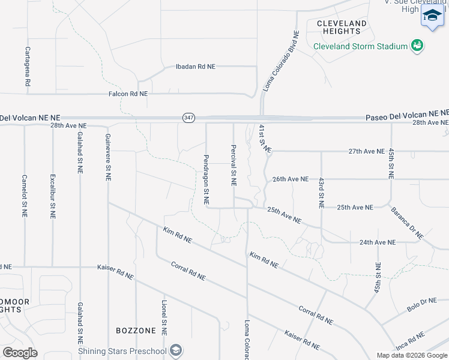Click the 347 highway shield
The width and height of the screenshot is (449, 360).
tap(189, 118)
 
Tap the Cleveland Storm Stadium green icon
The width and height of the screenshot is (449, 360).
tap(417, 46)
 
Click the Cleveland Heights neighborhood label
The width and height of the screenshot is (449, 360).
tap(341, 27)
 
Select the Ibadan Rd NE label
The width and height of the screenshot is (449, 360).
tap(194, 67)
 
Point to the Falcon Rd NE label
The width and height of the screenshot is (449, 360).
tap(128, 94)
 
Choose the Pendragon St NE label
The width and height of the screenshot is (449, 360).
tap(206, 178)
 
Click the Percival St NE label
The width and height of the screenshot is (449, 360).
tap(233, 164)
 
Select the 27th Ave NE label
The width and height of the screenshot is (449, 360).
tap(366, 151)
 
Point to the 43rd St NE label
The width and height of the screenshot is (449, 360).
tap(321, 193)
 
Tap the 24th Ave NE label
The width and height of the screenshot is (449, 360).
tap(378, 242)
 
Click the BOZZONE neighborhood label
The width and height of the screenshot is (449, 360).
tap(136, 331)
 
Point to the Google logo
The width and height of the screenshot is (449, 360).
tap(20, 353)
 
